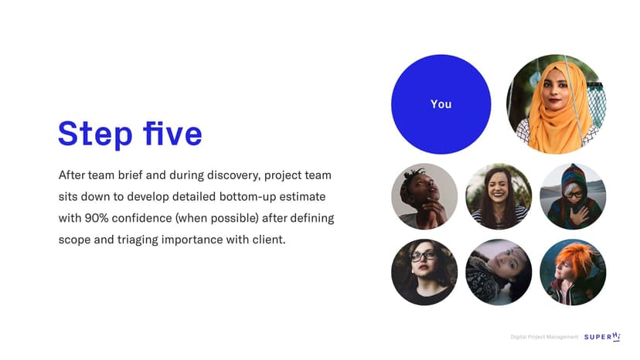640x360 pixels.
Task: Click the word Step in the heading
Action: (96, 134)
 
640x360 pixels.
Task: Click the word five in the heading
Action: (172, 133)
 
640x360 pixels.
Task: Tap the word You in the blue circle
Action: (441, 104)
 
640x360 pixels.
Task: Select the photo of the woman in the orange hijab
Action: (556, 104)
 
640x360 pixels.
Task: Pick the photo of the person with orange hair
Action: (573, 272)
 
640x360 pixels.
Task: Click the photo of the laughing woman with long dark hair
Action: (499, 197)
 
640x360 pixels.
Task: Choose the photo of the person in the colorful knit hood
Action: (573, 197)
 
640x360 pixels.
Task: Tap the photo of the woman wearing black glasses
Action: (424, 272)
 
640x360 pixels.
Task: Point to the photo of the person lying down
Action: (499, 272)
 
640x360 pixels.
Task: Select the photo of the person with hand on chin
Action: (424, 197)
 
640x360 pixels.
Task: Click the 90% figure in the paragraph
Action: (97, 218)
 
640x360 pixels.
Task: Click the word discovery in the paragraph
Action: (233, 175)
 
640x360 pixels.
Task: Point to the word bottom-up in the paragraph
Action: (247, 197)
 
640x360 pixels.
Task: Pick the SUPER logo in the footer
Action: (602, 337)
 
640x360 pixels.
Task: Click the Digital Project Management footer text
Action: (544, 337)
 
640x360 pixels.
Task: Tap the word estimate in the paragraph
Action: (302, 197)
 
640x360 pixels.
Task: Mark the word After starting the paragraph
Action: (71, 175)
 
